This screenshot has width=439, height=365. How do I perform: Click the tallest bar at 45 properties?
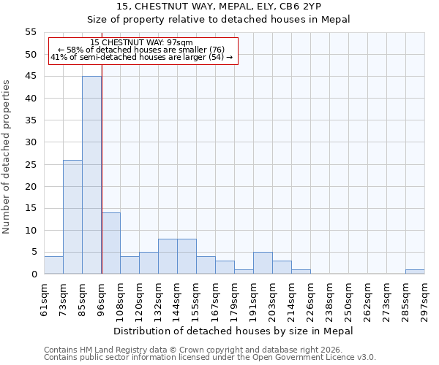[91, 175]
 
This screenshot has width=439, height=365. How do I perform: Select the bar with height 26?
[72, 217]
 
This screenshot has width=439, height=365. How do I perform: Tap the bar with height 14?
[110, 243]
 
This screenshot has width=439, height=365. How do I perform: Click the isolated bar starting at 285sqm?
[415, 272]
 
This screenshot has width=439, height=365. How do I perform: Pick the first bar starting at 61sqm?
[53, 265]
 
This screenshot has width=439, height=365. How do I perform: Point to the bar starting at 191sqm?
[263, 263]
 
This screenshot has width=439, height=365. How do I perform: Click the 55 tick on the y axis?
[31, 32]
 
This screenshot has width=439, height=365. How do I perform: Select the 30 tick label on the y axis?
[31, 142]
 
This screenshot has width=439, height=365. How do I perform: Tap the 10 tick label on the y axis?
[31, 230]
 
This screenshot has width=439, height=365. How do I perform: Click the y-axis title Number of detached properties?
[7, 157]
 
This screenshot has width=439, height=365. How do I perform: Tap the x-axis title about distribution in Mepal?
[234, 331]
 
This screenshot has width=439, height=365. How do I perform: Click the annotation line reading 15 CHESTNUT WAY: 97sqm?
[142, 43]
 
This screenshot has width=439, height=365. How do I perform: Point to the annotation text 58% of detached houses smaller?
[142, 50]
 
